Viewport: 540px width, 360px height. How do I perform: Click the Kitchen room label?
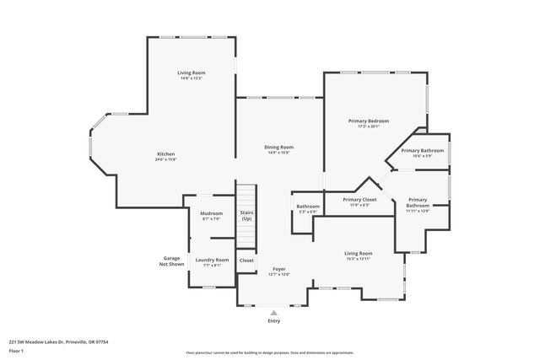(x=165, y=154)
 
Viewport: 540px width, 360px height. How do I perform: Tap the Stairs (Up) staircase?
(x=246, y=216)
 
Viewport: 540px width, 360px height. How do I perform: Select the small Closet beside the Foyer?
(x=246, y=261)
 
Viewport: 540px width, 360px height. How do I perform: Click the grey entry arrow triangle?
(x=273, y=312)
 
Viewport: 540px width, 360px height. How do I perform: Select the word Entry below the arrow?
(x=273, y=321)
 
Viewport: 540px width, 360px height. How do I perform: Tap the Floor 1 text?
(x=16, y=350)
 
